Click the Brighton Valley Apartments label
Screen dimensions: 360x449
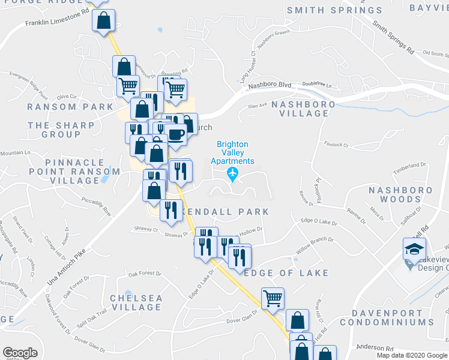[235, 152]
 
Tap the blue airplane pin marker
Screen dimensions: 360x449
[233, 174]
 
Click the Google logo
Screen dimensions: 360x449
[20, 353]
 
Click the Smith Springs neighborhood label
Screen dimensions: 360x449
[334, 10]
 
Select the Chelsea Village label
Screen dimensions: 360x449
[136, 302]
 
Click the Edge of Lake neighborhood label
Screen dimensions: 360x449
[287, 272]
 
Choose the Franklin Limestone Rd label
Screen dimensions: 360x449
[53, 21]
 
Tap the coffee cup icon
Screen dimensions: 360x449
[176, 134]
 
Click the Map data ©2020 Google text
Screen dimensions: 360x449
[412, 355]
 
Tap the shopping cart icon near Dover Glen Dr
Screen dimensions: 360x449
[273, 297]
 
